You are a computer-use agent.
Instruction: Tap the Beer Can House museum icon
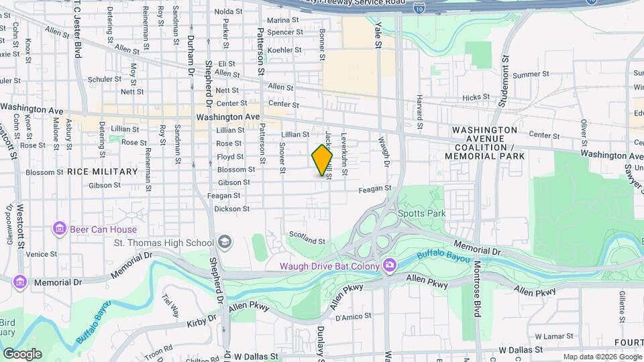click(59, 229)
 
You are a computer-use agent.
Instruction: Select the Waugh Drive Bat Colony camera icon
click(389, 266)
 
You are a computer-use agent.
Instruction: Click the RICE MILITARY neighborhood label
click(102, 172)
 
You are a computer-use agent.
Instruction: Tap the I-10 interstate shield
click(419, 7)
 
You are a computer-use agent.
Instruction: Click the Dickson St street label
click(232, 209)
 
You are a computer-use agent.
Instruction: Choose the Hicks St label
click(476, 98)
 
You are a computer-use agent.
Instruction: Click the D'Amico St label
click(349, 317)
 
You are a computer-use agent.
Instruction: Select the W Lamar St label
click(551, 336)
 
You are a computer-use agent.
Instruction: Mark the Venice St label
click(42, 254)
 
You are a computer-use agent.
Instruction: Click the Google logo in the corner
click(21, 353)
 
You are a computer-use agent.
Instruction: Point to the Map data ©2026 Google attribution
click(601, 357)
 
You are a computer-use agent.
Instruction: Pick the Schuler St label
click(104, 79)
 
